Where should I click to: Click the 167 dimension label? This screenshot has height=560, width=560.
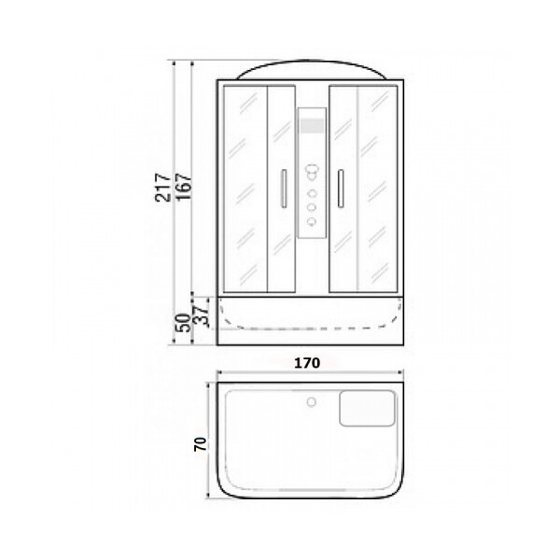(x=185, y=187)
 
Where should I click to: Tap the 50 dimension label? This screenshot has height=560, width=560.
(x=183, y=323)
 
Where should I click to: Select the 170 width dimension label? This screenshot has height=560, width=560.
(x=307, y=363)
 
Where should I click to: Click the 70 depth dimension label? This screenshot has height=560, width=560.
(x=201, y=444)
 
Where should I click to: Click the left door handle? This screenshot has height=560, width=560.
(x=284, y=189)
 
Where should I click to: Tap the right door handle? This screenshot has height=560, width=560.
(x=341, y=189)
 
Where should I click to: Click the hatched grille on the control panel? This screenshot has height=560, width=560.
(x=312, y=126)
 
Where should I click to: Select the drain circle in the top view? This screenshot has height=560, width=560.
(x=312, y=402)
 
